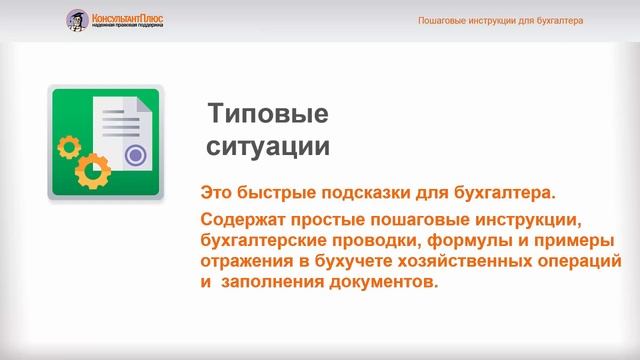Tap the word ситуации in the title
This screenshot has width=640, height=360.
point(267,147)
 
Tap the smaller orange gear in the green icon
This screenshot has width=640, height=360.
point(69,147)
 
